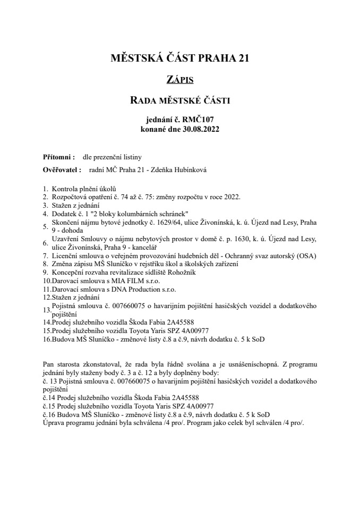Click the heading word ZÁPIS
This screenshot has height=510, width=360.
click(180, 80)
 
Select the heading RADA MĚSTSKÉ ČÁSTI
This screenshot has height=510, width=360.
click(180, 99)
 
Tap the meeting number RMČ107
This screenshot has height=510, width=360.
click(199, 120)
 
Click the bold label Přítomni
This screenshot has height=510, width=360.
click(54, 158)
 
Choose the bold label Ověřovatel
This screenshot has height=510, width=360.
click(61, 170)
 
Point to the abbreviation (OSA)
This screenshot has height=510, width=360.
click(306, 256)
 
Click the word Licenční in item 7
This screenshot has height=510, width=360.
click(64, 256)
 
